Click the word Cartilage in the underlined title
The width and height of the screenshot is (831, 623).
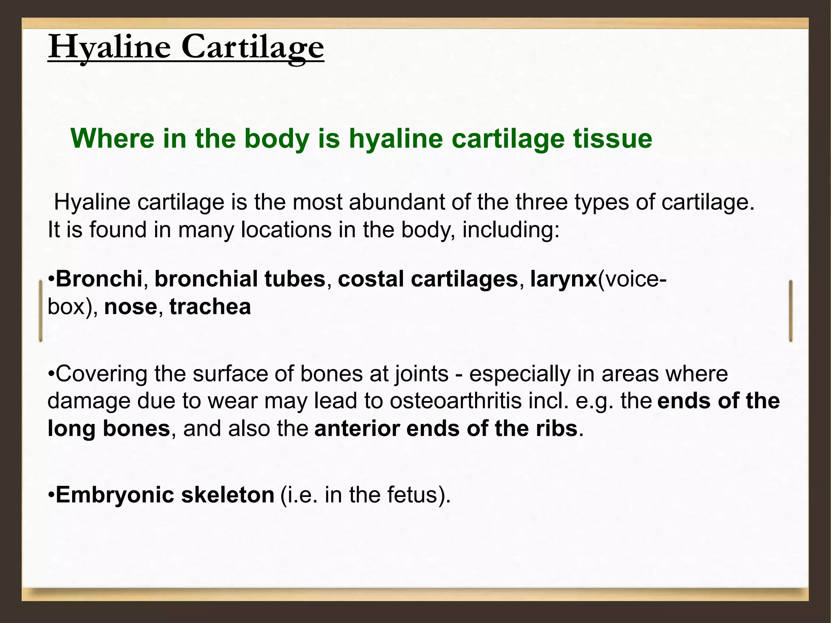(x=252, y=48)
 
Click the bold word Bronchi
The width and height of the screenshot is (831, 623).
(x=99, y=279)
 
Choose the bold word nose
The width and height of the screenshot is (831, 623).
(x=130, y=307)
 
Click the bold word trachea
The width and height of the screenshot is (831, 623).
(x=210, y=307)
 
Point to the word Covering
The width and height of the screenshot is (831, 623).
(x=101, y=374)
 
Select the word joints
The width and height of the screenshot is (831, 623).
(x=422, y=374)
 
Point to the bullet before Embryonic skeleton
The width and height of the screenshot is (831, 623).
(x=51, y=495)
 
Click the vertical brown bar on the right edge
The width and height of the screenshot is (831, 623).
(x=791, y=311)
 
